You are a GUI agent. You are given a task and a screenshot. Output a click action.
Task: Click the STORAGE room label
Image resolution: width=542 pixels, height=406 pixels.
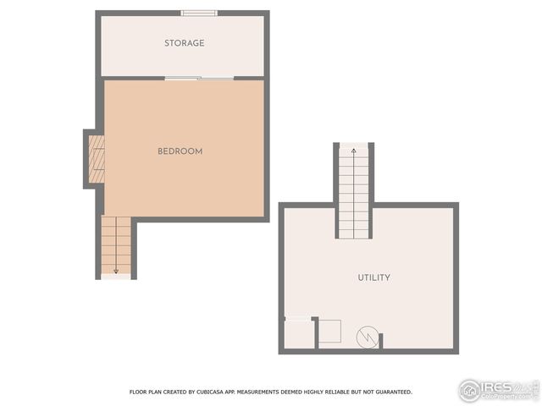(x=184, y=43)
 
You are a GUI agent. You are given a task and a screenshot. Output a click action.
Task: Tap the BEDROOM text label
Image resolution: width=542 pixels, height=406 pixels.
(x=180, y=151)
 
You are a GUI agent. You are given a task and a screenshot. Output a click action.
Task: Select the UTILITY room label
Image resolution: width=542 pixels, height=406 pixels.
(x=373, y=277)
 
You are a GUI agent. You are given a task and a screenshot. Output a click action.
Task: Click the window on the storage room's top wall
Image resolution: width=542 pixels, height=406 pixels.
(x=199, y=13)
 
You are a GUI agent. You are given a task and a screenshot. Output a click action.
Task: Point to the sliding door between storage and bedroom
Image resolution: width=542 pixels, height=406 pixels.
(x=199, y=79)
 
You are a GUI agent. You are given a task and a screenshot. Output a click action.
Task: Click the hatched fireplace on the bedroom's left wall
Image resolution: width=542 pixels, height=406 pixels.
(x=97, y=159)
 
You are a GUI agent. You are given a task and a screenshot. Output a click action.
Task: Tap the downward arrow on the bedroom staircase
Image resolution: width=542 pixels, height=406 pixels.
(x=116, y=269)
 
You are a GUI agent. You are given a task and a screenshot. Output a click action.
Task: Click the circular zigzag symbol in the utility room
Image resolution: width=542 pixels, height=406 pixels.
(x=367, y=337)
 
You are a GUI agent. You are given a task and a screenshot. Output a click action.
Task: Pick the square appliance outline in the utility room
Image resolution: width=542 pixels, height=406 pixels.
(x=329, y=332)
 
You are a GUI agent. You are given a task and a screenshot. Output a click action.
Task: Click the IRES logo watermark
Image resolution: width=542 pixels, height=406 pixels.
(x=498, y=390)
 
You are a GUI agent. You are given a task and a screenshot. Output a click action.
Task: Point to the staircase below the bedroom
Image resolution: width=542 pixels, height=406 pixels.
(x=116, y=245)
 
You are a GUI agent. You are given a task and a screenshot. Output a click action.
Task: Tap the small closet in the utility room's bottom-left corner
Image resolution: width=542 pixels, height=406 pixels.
(x=297, y=334)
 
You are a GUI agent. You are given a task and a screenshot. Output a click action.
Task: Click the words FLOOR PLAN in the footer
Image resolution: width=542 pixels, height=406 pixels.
(x=146, y=392)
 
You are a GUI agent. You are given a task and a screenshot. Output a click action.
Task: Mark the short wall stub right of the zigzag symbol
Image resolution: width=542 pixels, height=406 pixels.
(x=381, y=340)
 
